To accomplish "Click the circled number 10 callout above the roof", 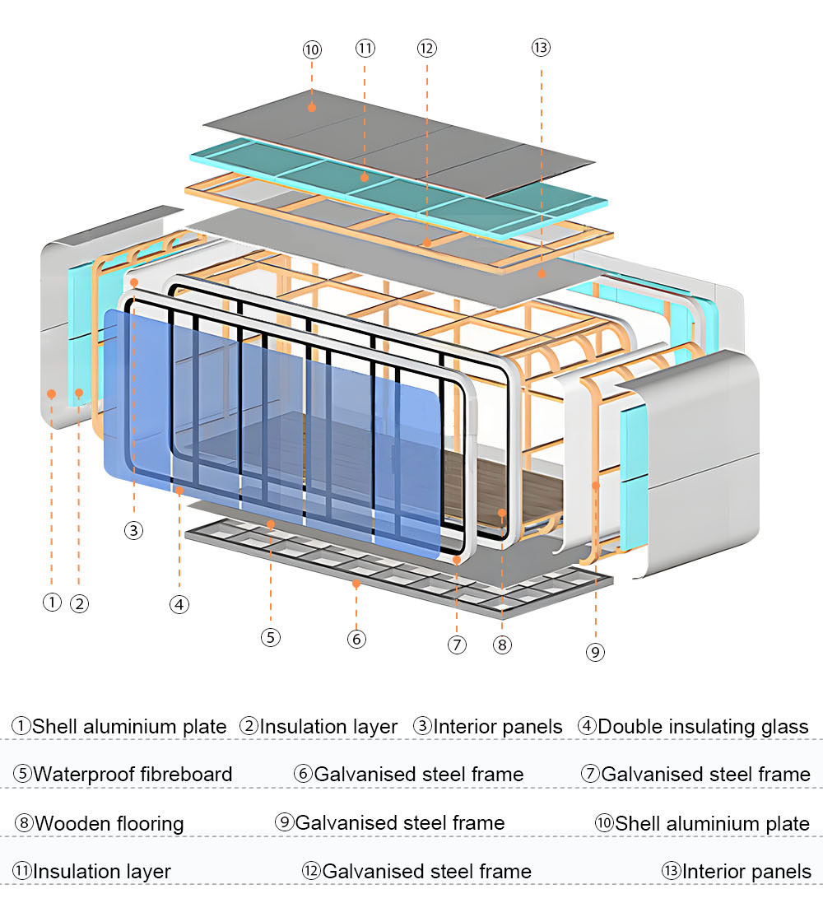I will (x=312, y=49).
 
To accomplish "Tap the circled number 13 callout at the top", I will (x=540, y=48).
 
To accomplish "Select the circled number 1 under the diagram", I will (x=52, y=602).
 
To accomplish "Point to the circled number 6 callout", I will (x=356, y=638).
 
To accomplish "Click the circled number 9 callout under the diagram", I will (x=596, y=652).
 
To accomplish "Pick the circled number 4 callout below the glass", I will (x=179, y=604).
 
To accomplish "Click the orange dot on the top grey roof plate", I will (x=312, y=107).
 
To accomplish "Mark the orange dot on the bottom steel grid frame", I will (x=356, y=584).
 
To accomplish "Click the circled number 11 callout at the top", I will (x=365, y=48).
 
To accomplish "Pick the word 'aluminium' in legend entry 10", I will (x=709, y=823).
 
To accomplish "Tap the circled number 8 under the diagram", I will (x=502, y=645).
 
